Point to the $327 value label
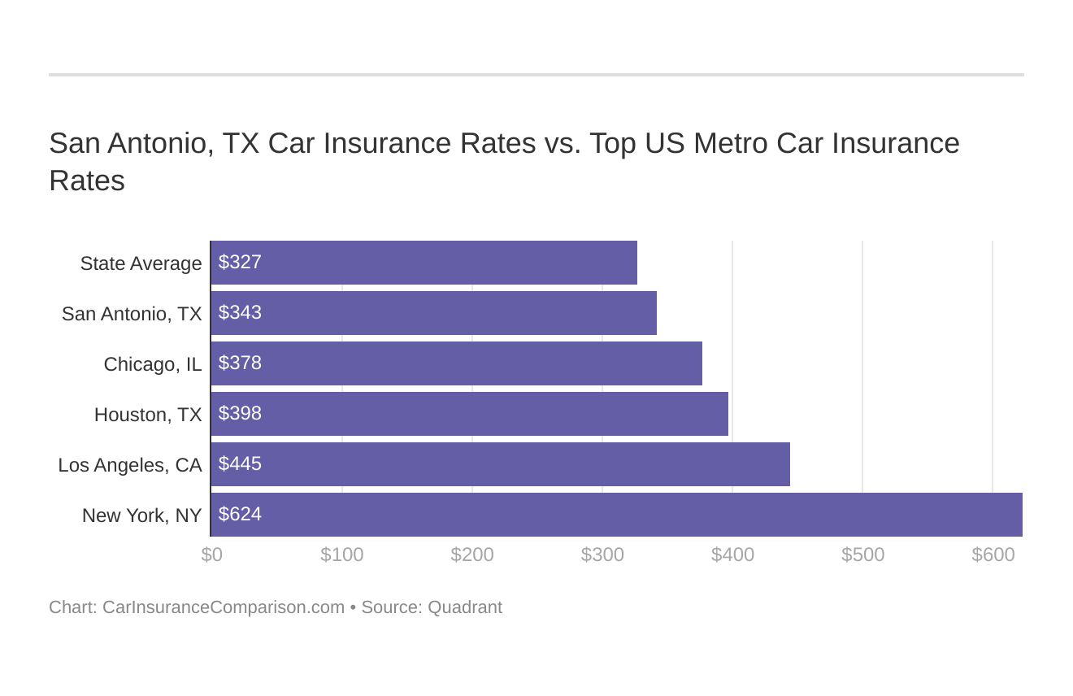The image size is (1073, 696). point(240,262)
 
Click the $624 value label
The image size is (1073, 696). point(240,514)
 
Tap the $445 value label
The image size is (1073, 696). point(240,463)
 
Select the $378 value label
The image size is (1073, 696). point(240,363)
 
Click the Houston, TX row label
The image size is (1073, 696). point(148,415)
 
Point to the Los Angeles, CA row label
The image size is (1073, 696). point(130,465)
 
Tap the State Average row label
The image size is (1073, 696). point(141,263)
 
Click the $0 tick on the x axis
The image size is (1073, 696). point(211,555)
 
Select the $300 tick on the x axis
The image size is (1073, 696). point(602,555)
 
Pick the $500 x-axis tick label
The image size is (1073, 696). point(862,555)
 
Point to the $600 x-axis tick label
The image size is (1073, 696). point(993,555)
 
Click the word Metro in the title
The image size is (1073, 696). point(730,143)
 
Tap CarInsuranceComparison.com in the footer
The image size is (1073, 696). point(224,607)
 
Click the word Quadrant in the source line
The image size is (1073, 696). point(464,607)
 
